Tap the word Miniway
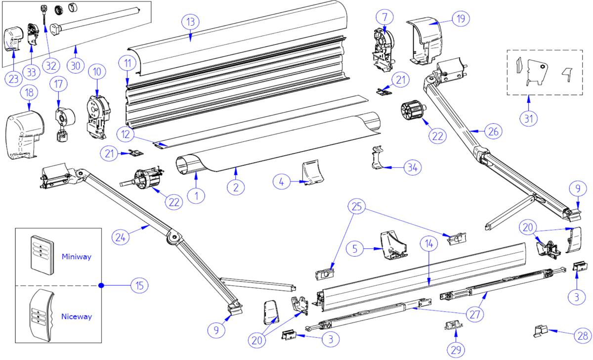[76, 257]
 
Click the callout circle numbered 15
[139, 285]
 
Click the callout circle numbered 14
[428, 244]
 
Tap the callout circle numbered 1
[196, 195]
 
